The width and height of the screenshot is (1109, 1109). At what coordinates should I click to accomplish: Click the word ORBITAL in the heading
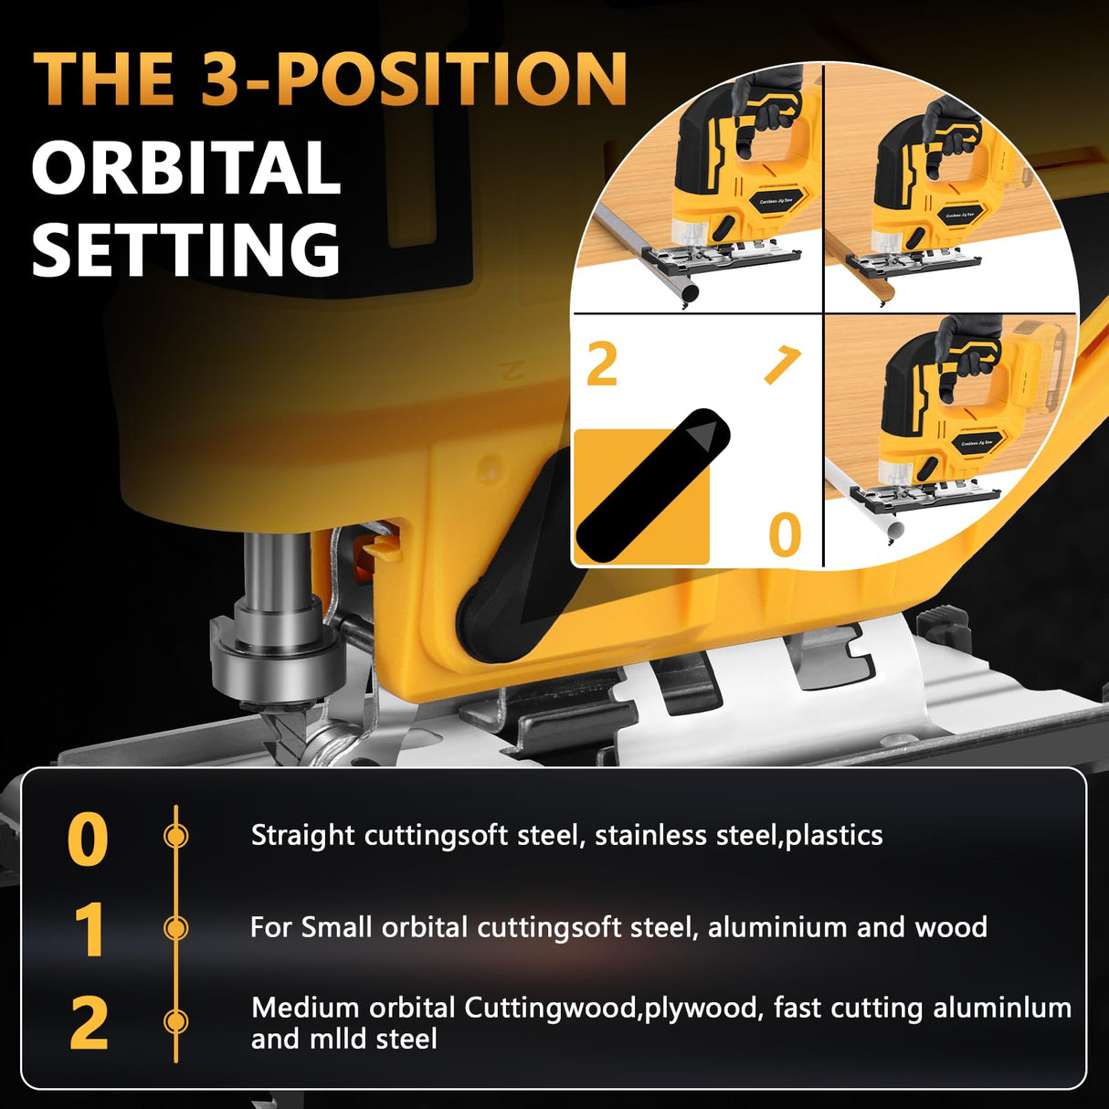coord(186,168)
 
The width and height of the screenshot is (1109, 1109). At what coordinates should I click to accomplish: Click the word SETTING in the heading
coord(186,249)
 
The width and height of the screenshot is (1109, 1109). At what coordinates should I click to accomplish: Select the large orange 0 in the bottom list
coord(88,840)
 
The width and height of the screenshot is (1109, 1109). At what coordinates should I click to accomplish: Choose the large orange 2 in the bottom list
coord(89,1023)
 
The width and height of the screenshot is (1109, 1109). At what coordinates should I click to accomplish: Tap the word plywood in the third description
coord(701,1008)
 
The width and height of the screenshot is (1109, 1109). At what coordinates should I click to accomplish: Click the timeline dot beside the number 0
coord(175,836)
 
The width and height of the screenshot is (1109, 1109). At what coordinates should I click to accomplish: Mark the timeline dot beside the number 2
coord(175,1020)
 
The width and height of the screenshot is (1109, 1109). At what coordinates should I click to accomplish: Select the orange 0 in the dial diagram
coord(785,534)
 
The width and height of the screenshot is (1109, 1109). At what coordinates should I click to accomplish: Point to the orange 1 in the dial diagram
coord(782,364)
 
